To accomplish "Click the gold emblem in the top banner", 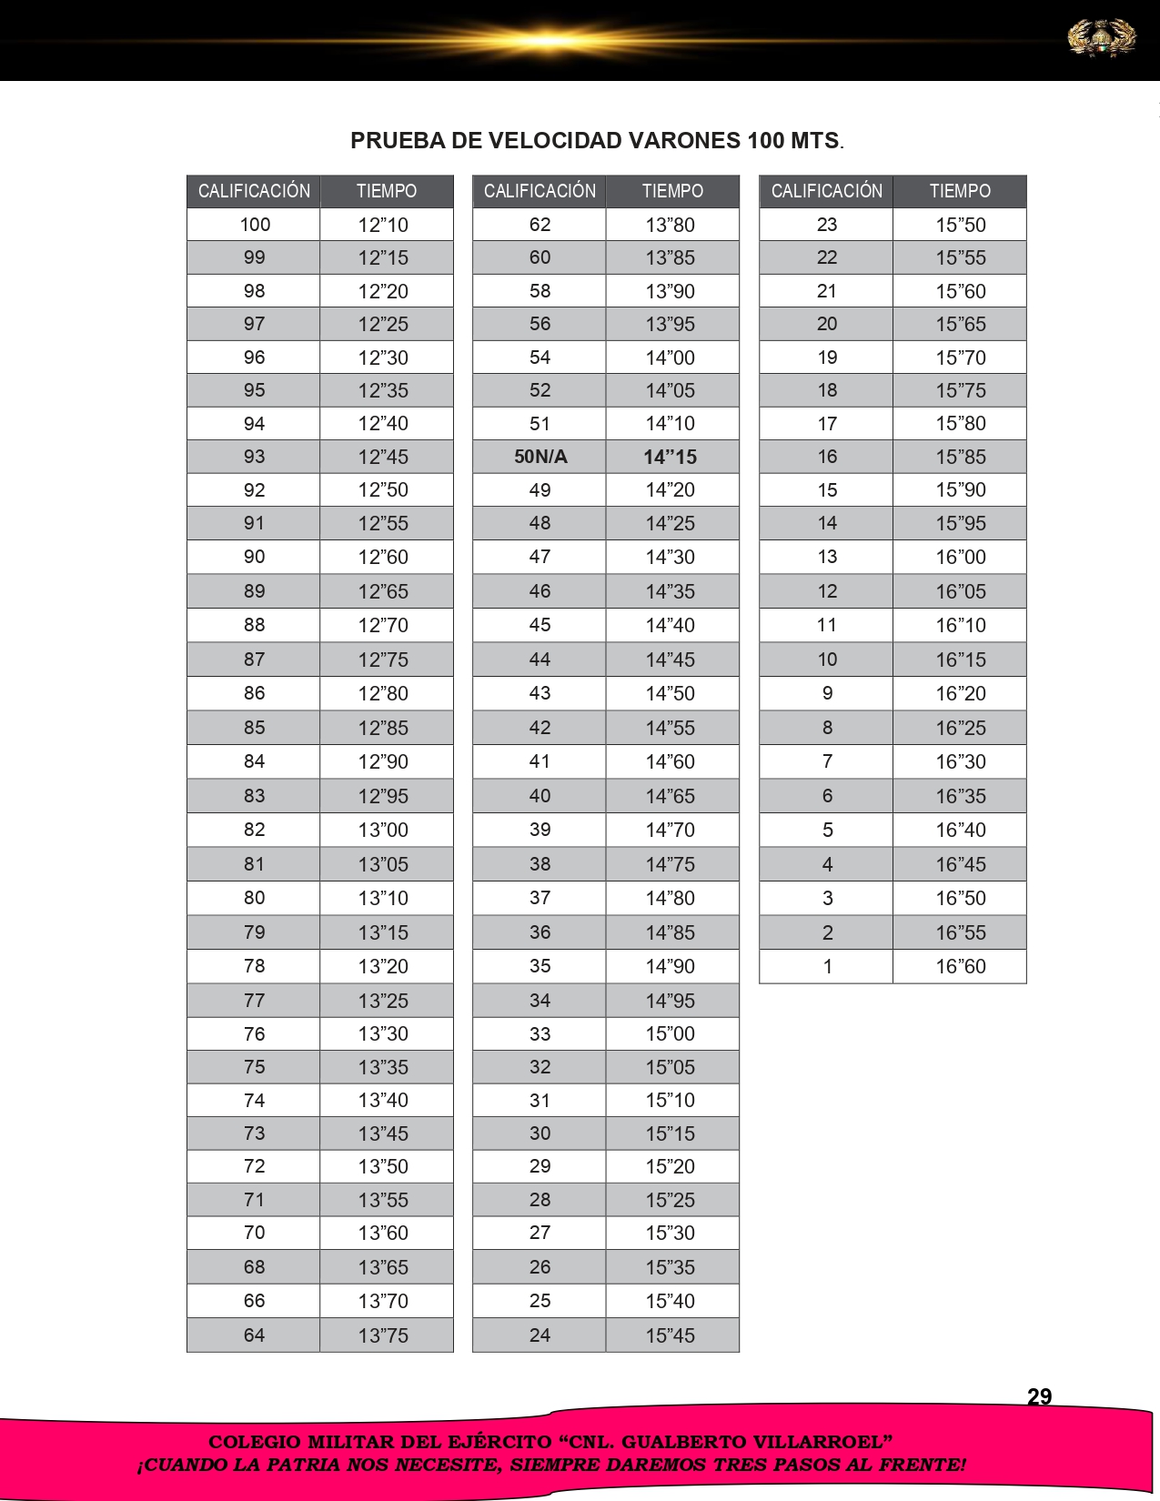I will click(1101, 39).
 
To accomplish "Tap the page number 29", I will click(1039, 1396).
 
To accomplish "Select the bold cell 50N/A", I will click(540, 457).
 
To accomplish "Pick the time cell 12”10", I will click(383, 225).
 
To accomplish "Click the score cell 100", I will click(255, 225).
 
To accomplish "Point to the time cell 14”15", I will click(671, 457).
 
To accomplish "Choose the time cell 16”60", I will click(961, 966).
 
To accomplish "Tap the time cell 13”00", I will click(383, 830).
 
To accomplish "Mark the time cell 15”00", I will click(671, 1033).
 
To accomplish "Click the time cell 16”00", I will click(961, 557).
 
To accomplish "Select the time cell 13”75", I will click(383, 1335).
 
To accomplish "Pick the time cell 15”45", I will click(671, 1335).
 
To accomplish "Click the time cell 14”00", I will click(671, 358).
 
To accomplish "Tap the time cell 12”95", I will click(383, 796).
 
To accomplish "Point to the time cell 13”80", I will click(671, 225).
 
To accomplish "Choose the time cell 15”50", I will click(961, 225).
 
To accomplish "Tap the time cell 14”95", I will click(671, 1001).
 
